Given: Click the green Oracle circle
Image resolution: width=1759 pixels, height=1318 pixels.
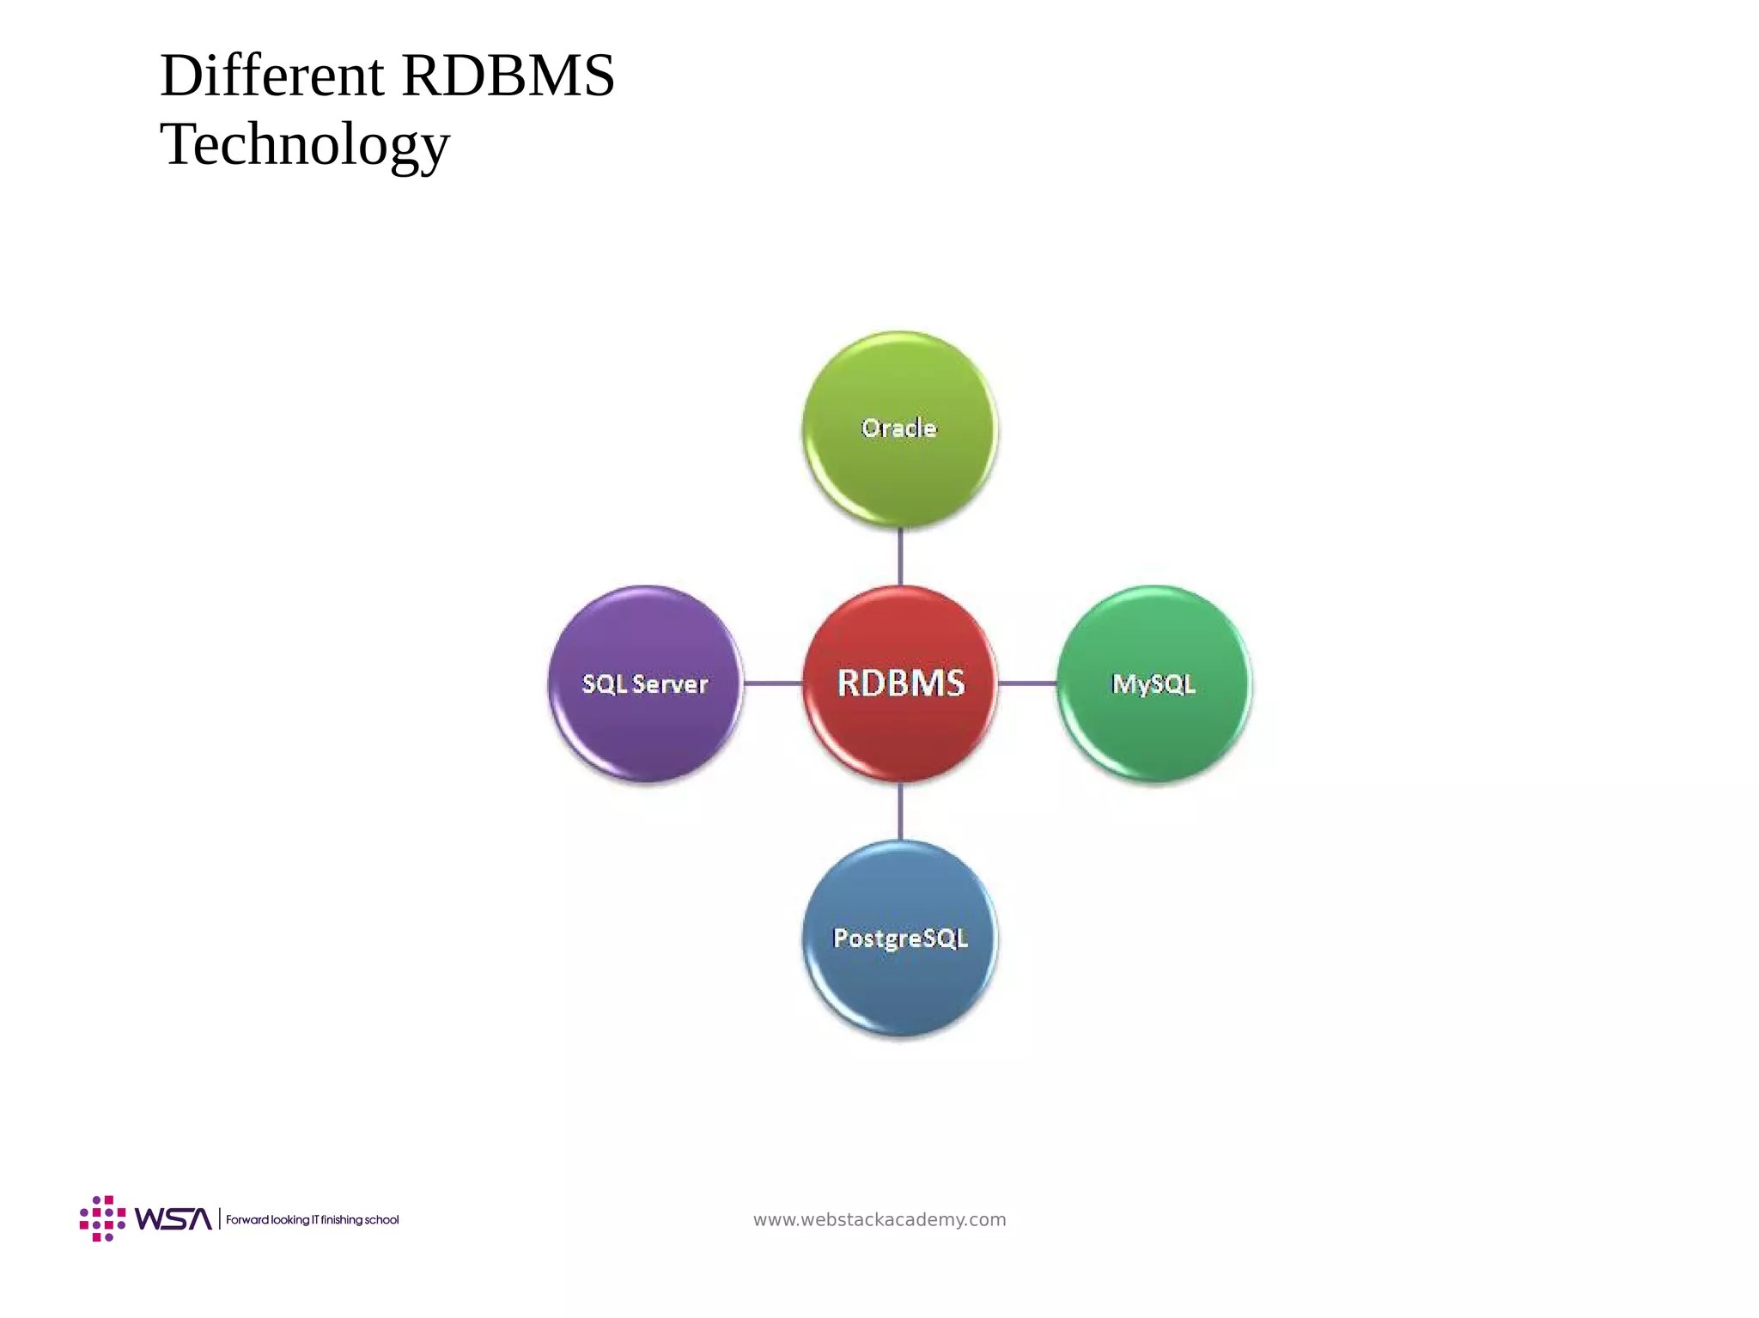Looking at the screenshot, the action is click(899, 464).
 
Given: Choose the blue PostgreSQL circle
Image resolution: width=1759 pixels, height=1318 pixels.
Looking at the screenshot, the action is click(900, 979).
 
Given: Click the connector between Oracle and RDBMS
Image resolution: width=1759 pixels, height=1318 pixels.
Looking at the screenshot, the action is click(900, 556).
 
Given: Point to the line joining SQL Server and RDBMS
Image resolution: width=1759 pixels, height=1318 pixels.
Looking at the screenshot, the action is click(773, 683).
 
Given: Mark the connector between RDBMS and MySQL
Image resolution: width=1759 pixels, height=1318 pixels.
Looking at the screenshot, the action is click(1027, 683).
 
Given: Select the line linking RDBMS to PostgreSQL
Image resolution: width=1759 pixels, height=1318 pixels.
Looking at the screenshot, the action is click(900, 811).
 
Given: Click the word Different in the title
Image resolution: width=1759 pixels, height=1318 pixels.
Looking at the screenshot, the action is click(271, 76).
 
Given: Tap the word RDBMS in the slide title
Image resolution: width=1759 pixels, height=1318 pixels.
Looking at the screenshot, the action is click(508, 76).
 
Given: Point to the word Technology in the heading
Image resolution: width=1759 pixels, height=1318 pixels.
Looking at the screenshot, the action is click(305, 144).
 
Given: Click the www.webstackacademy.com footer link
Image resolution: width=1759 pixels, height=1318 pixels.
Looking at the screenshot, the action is click(879, 1219).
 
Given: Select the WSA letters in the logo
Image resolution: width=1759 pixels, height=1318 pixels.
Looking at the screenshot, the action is click(173, 1219).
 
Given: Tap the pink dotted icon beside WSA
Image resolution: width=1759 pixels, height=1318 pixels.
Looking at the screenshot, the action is click(102, 1218).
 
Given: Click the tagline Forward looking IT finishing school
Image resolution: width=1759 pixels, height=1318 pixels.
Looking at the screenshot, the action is click(313, 1219).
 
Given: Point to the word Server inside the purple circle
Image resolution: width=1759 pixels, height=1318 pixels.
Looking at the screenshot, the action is click(670, 684).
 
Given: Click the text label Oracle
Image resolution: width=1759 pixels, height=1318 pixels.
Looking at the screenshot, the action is click(899, 428).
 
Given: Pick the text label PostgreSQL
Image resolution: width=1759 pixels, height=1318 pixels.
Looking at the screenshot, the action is click(900, 938).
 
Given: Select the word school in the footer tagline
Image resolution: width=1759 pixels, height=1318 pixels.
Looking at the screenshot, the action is click(382, 1219).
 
